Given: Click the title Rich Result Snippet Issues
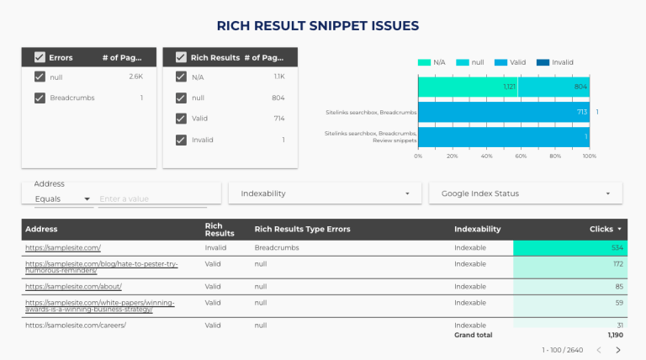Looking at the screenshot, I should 318,25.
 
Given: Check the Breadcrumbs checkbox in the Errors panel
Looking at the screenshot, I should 40,98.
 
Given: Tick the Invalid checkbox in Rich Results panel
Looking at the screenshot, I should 181,140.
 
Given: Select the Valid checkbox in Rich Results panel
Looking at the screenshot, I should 181,119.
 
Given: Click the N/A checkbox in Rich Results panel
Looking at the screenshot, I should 181,77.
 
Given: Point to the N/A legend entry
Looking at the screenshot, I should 432,62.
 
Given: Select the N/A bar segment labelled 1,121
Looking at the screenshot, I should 468,87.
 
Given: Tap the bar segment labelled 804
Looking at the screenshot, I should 553,87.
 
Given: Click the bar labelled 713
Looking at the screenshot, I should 503,112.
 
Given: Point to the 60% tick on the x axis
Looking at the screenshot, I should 521,156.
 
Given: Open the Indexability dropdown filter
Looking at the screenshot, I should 324,193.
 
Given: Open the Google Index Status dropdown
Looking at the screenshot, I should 525,193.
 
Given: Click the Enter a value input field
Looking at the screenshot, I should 151,199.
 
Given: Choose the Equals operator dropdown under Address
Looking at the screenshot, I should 62,199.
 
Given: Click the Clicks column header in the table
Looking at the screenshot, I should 606,229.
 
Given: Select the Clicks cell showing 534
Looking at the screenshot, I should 568,248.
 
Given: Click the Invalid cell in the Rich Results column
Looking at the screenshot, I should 216,248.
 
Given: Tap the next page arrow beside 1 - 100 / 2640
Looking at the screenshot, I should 618,350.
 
